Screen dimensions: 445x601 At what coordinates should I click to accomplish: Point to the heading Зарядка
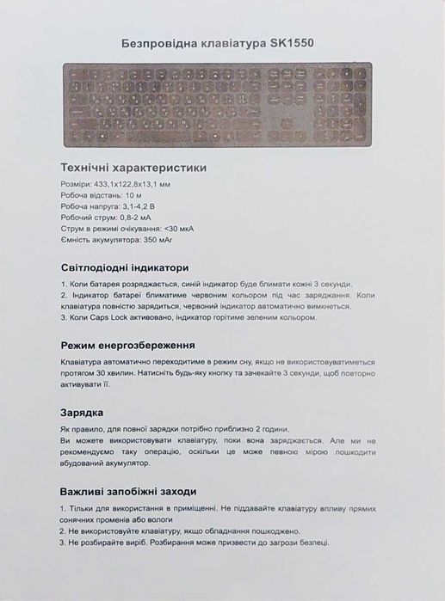coord(83,412)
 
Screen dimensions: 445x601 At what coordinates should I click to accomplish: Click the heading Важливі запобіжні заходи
coord(133,492)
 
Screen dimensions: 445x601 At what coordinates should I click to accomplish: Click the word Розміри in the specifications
coord(75,184)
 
